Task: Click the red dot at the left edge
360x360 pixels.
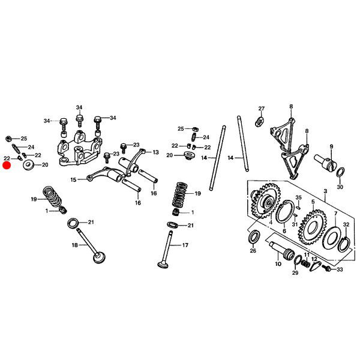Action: (7, 166)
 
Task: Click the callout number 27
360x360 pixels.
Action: (262, 109)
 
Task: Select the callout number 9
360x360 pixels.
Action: (331, 146)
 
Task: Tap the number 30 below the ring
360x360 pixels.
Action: (340, 187)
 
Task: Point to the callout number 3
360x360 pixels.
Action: (325, 191)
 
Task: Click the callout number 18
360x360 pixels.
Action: (75, 245)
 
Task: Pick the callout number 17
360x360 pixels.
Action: (185, 245)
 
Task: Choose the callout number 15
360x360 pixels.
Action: (73, 179)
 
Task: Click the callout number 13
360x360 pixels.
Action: (155, 152)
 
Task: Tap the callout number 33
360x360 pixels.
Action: (340, 269)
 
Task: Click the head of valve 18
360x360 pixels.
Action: (100, 257)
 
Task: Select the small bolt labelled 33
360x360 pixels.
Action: (326, 268)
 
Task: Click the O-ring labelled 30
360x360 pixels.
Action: (340, 172)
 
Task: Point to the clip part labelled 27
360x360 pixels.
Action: (259, 121)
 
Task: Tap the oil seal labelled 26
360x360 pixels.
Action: (254, 236)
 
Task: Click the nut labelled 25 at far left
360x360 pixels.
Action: (8, 139)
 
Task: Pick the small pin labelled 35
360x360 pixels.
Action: (298, 208)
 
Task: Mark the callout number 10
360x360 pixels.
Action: (278, 264)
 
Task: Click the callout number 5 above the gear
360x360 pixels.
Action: (313, 202)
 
